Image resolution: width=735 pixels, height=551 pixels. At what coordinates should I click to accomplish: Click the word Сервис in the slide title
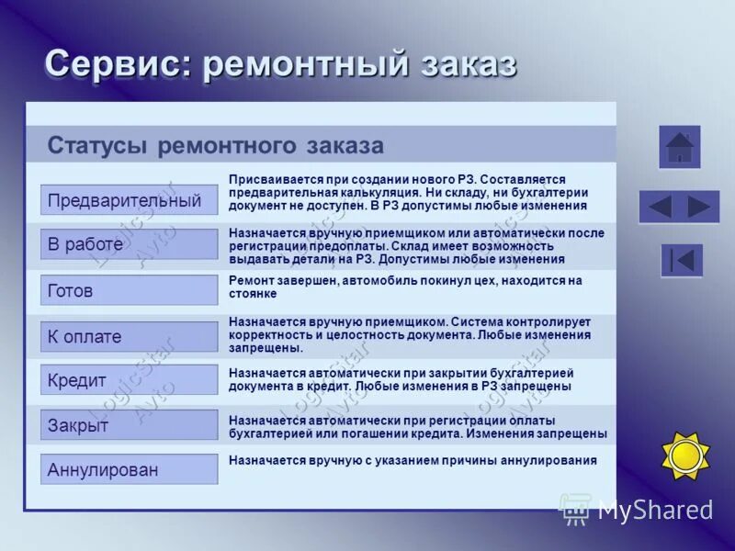click(118, 64)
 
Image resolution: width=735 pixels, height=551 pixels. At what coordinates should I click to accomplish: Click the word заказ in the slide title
click(468, 64)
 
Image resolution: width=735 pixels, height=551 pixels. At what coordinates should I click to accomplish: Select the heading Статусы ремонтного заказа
click(215, 146)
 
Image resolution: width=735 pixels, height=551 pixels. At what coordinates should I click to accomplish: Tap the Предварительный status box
click(129, 200)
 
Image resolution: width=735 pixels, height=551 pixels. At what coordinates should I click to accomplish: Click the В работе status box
click(129, 244)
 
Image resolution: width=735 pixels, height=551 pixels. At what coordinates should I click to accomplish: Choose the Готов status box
click(129, 290)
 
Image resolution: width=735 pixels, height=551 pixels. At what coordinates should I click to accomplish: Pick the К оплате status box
click(129, 336)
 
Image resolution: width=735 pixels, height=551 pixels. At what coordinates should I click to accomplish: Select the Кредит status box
click(129, 380)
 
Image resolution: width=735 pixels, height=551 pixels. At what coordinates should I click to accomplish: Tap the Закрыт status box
click(129, 425)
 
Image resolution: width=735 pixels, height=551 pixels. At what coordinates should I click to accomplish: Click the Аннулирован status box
click(129, 469)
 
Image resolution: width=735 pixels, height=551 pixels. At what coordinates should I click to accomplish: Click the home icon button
click(680, 147)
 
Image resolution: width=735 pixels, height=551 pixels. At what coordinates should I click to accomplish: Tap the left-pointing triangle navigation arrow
click(660, 207)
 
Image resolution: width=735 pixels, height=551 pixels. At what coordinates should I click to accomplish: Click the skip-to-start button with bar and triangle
click(682, 261)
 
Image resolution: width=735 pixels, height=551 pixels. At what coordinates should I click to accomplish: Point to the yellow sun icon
click(685, 455)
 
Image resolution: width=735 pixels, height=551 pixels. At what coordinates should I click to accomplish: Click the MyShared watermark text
click(655, 511)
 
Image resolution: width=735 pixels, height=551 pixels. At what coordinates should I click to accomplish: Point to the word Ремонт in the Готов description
click(248, 281)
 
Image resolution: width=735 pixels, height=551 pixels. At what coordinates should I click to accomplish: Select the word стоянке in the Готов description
click(252, 295)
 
